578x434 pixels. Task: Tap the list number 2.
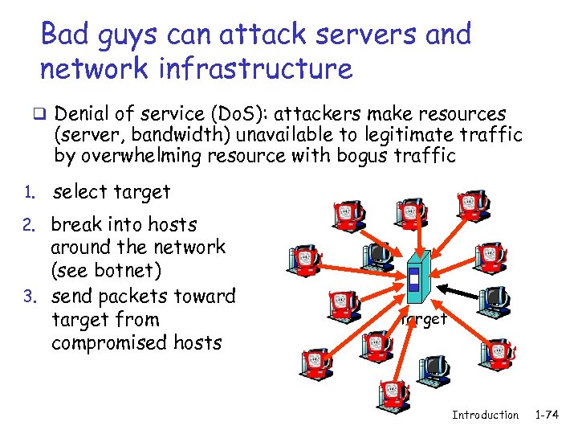coord(26,226)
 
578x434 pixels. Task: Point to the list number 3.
coord(26,297)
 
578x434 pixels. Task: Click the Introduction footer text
coord(485,415)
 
